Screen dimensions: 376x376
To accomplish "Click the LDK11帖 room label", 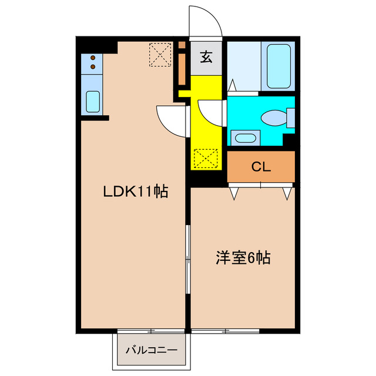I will tap(136, 191).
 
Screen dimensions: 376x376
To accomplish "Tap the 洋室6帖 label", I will tap(243, 257).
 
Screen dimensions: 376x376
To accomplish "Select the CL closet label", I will tap(261, 166).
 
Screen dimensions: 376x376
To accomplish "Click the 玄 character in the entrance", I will tap(206, 58).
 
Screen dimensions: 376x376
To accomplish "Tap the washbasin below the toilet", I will tap(244, 139).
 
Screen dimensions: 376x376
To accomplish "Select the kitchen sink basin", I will tap(93, 101).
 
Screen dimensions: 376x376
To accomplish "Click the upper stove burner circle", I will tap(93, 58).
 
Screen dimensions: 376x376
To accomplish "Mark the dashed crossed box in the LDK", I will tap(159, 54).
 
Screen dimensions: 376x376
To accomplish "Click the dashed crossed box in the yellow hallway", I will tap(205, 159).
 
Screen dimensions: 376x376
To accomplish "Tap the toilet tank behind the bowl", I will tap(290, 118).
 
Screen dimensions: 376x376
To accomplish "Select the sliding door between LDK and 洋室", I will tap(187, 258).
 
